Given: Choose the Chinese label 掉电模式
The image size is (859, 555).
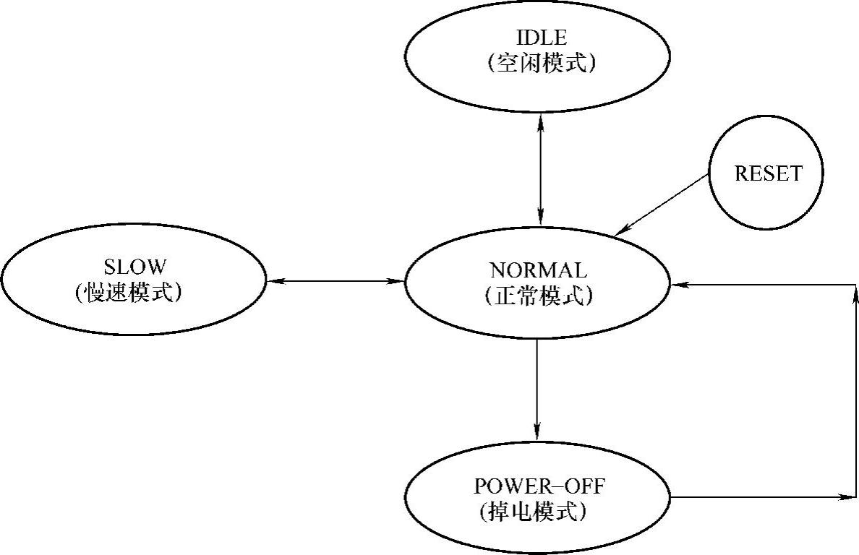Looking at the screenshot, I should [533, 512].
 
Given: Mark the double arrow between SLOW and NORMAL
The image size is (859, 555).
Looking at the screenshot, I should [336, 280].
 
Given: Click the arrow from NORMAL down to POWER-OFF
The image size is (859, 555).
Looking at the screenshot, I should [537, 390].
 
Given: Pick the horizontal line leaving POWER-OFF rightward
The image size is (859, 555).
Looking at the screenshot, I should [759, 497].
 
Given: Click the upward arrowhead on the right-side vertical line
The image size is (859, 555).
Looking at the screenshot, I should [856, 293].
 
